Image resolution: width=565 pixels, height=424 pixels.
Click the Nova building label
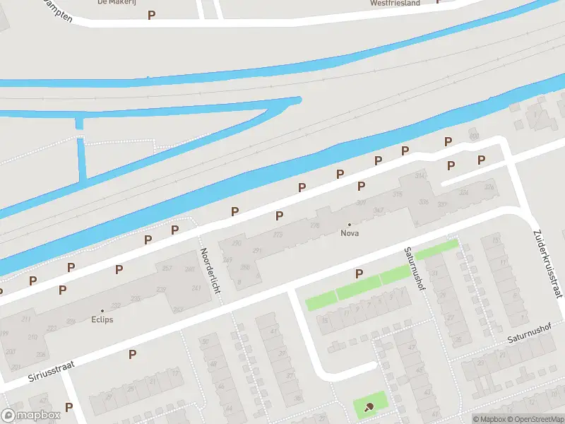tap(349, 233)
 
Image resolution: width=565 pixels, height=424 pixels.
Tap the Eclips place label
tap(102, 319)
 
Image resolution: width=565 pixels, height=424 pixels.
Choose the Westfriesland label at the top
tap(394, 3)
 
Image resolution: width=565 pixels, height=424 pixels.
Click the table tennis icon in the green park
tap(369, 406)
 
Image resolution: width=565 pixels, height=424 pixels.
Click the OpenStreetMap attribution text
tap(537, 419)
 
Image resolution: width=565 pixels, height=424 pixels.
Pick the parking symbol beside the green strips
tap(359, 273)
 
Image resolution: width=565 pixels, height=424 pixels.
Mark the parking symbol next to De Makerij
tap(151, 14)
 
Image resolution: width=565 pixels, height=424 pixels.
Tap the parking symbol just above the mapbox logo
tap(69, 406)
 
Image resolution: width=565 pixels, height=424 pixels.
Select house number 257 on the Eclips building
tap(167, 269)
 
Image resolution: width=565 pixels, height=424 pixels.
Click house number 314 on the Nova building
tap(421, 175)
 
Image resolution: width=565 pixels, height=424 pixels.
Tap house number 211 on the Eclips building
tap(26, 319)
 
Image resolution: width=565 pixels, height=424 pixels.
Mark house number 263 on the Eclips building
tap(178, 310)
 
